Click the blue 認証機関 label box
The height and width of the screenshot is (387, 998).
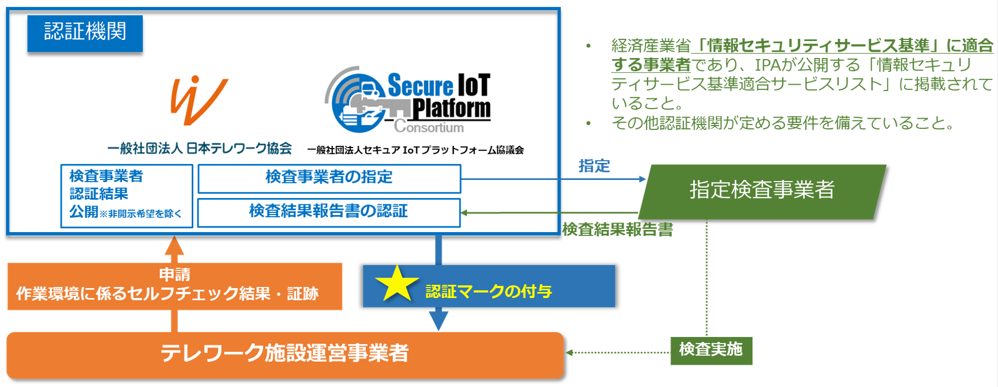click(x=85, y=33)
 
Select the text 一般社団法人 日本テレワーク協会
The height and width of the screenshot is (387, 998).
click(x=199, y=149)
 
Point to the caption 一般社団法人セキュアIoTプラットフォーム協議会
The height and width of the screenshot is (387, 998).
click(x=415, y=150)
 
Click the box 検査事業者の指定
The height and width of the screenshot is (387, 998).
click(x=329, y=178)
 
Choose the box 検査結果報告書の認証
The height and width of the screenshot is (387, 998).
click(x=329, y=212)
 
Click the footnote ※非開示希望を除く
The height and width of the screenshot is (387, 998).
click(x=141, y=214)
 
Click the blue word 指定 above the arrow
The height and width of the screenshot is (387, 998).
click(x=594, y=167)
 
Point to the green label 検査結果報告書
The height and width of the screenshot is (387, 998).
click(x=618, y=229)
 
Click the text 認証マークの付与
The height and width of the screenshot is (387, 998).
click(x=488, y=292)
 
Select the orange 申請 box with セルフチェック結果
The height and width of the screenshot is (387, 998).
click(x=175, y=286)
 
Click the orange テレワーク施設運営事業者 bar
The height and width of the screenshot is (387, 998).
click(x=285, y=354)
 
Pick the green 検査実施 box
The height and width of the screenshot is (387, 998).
click(x=711, y=350)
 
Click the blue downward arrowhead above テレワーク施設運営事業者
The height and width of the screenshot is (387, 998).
click(x=438, y=320)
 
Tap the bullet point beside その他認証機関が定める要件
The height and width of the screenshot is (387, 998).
click(x=588, y=124)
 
